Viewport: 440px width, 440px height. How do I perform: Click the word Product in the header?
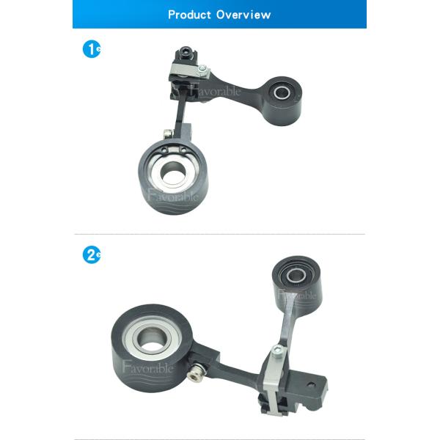tap(189, 15)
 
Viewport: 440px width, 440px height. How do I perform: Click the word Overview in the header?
tap(243, 15)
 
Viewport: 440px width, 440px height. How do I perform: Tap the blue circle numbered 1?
tap(92, 50)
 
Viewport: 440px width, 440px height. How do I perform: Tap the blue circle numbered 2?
tap(92, 255)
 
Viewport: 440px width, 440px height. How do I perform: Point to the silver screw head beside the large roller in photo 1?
tap(167, 133)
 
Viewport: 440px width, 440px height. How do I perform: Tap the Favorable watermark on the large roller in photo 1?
tap(173, 196)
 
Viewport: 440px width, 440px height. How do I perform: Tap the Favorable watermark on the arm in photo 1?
tap(215, 90)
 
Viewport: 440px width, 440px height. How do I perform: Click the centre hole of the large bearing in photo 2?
tap(153, 338)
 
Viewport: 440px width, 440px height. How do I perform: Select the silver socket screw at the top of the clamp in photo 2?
tap(277, 351)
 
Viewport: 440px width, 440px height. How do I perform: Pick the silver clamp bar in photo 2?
tap(274, 381)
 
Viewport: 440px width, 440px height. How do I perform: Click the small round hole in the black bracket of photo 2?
tap(311, 384)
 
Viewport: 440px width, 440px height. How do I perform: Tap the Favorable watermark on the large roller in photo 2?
tap(147, 367)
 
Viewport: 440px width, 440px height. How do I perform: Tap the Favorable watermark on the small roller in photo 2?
tap(297, 295)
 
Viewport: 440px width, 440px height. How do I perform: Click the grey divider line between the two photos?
tap(220, 234)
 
